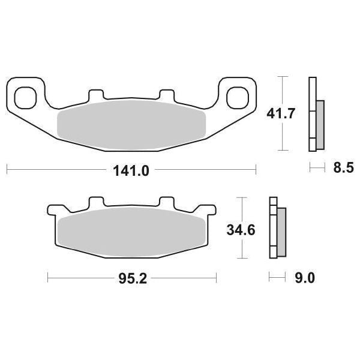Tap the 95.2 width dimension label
click(131, 278)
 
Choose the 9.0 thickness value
click(304, 278)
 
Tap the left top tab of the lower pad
click(95, 202)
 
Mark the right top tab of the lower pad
click(166, 202)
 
